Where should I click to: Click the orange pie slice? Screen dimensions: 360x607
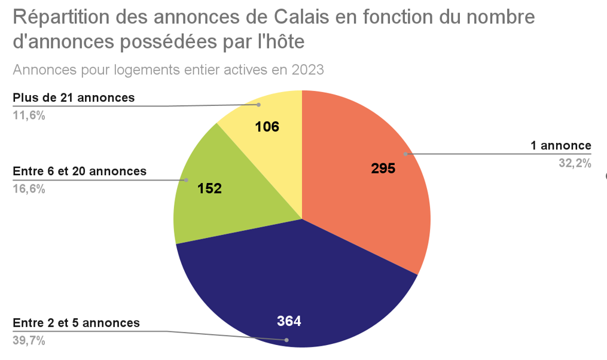(x=365, y=197)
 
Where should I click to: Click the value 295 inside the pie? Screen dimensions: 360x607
(x=383, y=168)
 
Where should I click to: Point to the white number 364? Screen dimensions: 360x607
(x=289, y=321)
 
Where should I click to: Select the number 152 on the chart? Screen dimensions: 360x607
(x=209, y=188)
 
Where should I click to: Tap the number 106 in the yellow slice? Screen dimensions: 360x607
(x=267, y=126)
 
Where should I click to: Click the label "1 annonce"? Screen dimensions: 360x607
(x=560, y=145)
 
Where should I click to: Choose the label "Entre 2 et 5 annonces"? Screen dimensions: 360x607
(x=76, y=323)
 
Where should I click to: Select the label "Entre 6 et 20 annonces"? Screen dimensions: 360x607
(x=80, y=171)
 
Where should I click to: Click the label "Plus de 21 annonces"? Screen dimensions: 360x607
(x=74, y=97)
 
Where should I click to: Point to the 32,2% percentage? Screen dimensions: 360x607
(x=575, y=163)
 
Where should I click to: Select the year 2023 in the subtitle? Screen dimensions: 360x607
(x=307, y=70)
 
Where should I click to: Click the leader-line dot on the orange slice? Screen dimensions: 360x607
(x=405, y=154)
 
